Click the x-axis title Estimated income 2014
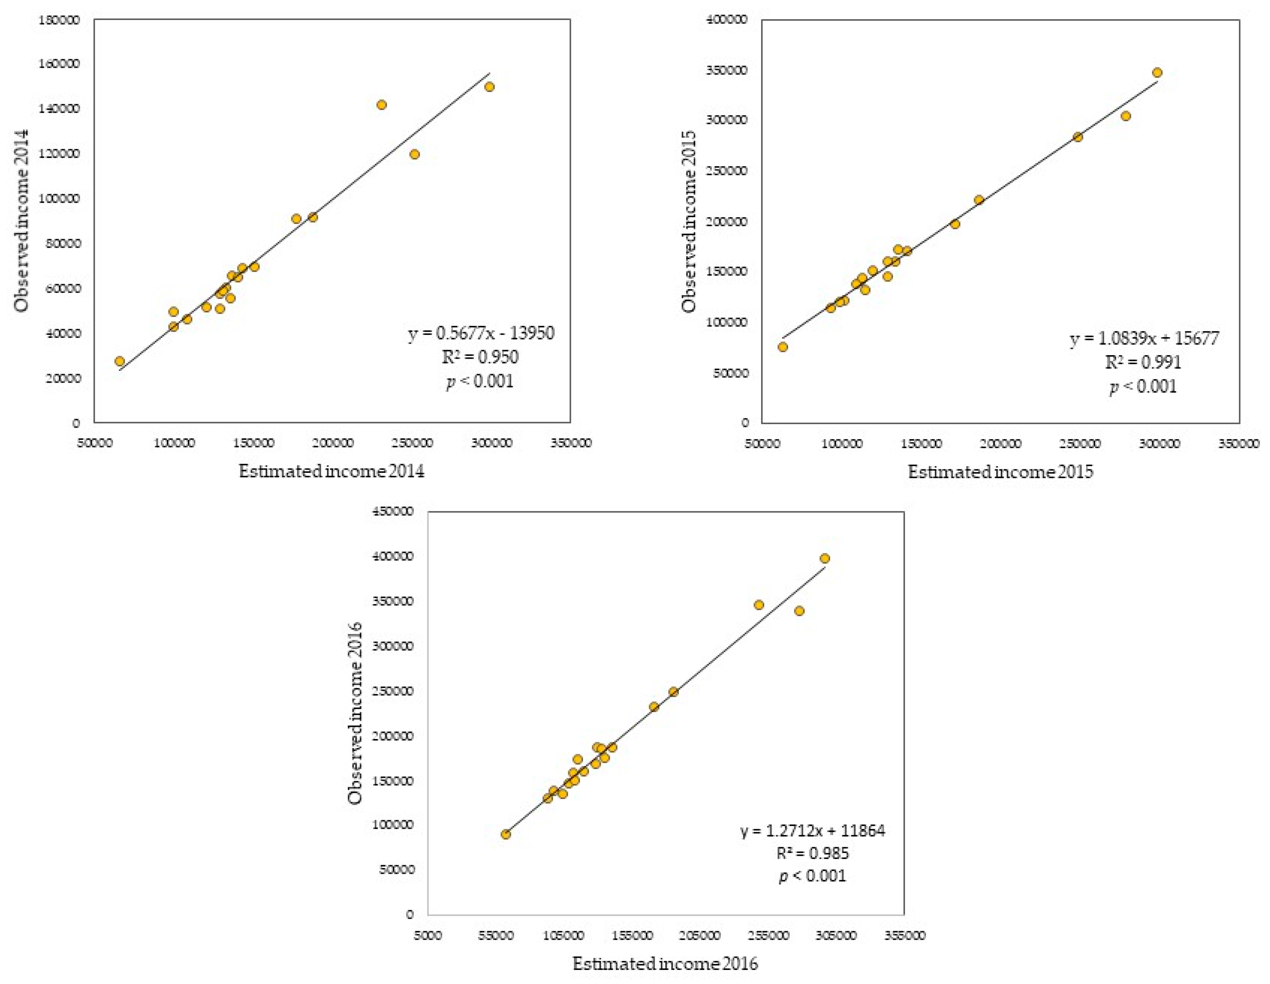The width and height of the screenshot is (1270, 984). point(331,471)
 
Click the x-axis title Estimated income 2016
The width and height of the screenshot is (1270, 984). point(665,964)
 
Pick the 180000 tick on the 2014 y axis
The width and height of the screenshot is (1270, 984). point(59,20)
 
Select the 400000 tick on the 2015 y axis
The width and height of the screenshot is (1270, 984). point(727,20)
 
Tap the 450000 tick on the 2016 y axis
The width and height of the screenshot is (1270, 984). point(393,511)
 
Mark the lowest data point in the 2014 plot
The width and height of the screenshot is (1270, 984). point(120,361)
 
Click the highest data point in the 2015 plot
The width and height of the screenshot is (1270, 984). point(1157,73)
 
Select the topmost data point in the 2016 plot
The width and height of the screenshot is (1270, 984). point(825,558)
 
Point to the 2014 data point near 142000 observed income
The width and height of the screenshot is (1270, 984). point(382,105)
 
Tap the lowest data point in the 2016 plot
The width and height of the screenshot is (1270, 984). point(506,834)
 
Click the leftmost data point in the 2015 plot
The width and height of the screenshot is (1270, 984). point(783,347)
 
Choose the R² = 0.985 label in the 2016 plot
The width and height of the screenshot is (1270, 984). point(812,853)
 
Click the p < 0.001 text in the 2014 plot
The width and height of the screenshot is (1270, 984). point(480,381)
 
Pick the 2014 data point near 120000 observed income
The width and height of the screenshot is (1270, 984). point(414,154)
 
